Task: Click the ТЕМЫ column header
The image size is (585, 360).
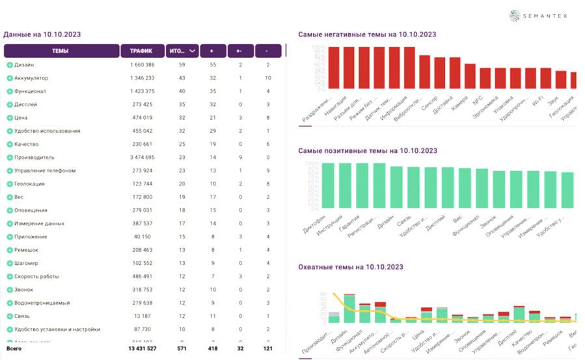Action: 61,51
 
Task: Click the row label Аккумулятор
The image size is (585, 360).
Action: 31,78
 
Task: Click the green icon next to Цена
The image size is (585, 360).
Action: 10,118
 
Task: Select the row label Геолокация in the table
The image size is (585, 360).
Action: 30,184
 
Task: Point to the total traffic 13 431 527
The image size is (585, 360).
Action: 138,349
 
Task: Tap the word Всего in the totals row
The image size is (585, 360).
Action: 14,349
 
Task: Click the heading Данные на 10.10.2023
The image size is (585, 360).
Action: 42,35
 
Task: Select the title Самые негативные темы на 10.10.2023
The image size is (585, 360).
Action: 367,35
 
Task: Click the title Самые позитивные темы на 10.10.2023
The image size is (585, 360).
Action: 367,151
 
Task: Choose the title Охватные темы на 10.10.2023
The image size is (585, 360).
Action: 351,267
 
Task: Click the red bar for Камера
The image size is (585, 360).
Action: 470,76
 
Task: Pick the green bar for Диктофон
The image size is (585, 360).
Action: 329,186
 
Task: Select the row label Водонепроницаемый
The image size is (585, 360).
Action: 42,303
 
